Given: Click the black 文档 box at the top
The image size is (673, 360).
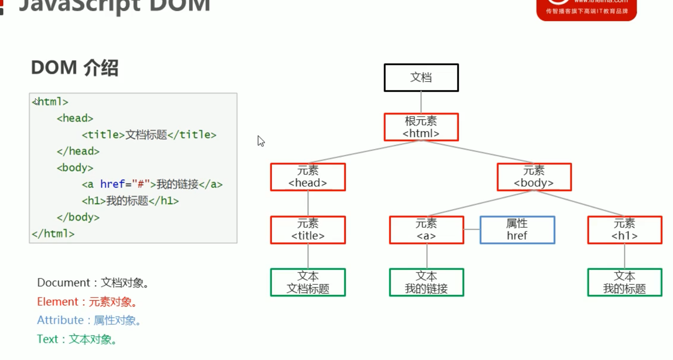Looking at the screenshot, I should (421, 78).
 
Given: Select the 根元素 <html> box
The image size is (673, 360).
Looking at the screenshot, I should (421, 127).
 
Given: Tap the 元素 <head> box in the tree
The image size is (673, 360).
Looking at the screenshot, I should (308, 177).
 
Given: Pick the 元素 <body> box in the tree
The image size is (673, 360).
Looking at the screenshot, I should (534, 177).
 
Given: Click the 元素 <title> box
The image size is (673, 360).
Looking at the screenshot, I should (308, 230).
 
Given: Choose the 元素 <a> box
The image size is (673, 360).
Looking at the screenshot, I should (426, 230).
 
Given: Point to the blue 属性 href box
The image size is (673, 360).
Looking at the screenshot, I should (517, 230).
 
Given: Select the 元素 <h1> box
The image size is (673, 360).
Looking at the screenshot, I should (625, 230).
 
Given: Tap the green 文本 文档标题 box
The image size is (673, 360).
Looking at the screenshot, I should (308, 282).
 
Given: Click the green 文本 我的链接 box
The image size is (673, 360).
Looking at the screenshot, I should (426, 282).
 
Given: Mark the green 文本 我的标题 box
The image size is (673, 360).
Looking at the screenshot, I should (625, 282).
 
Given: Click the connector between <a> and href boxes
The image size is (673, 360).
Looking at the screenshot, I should (472, 229).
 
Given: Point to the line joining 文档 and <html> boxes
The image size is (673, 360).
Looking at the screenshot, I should (421, 102).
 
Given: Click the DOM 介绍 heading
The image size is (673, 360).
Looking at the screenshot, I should (74, 67).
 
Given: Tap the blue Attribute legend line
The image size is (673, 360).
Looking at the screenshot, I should (89, 320).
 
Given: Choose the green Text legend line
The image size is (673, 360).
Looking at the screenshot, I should (77, 339).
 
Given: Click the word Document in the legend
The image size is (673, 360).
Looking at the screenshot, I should (64, 283).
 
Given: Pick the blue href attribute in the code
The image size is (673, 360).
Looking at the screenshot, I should (112, 184).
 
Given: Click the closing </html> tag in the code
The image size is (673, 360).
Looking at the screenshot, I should (53, 234).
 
